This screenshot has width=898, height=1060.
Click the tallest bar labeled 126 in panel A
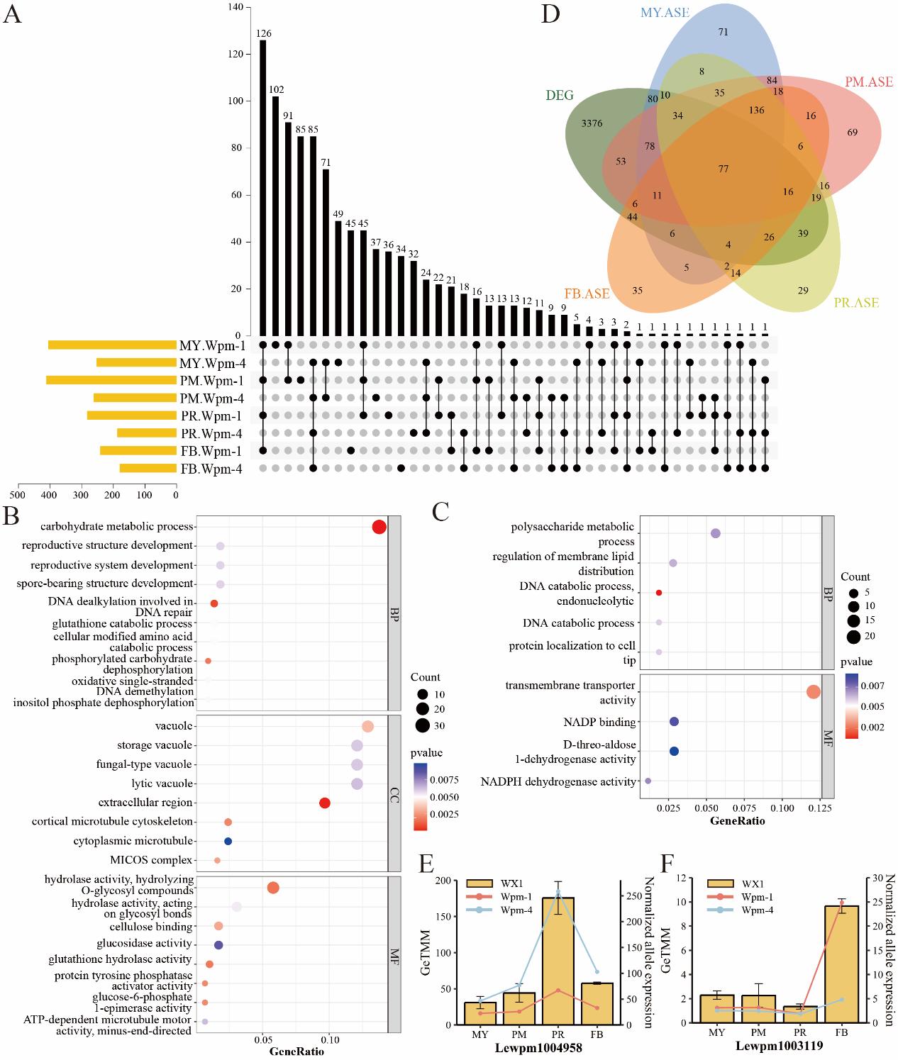pyautogui.click(x=263, y=188)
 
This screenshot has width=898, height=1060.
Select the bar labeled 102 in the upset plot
pyautogui.click(x=275, y=216)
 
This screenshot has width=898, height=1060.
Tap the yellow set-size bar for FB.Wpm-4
pyautogui.click(x=148, y=468)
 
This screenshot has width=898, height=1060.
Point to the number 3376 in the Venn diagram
pyautogui.click(x=591, y=123)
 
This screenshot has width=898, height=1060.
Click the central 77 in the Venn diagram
pyautogui.click(x=723, y=169)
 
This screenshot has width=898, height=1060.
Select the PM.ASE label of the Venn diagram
pyautogui.click(x=869, y=82)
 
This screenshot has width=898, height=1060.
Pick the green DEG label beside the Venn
pyautogui.click(x=560, y=95)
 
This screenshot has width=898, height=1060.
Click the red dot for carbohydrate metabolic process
pyautogui.click(x=379, y=528)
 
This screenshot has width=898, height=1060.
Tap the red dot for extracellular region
pyautogui.click(x=325, y=803)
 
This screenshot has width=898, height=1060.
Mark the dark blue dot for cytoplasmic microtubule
pyautogui.click(x=228, y=841)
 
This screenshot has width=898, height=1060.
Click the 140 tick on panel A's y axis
pyautogui.click(x=235, y=7)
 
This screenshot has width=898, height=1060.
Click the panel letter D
pyautogui.click(x=550, y=14)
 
